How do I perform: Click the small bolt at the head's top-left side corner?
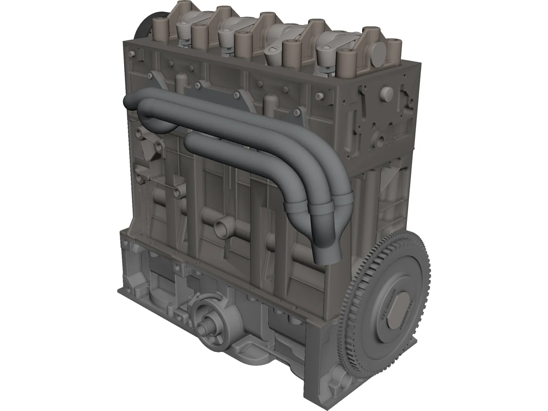pyautogui.click(x=131, y=54)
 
